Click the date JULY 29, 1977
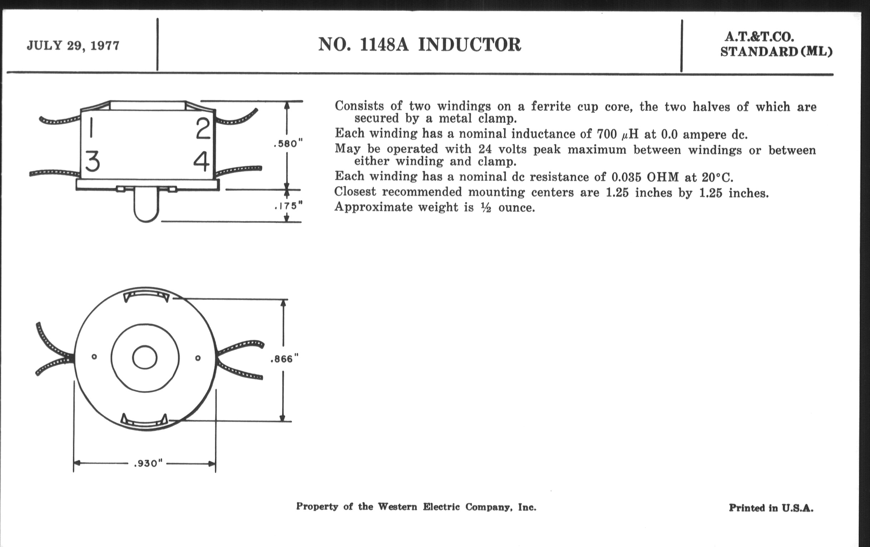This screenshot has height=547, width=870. click(x=73, y=46)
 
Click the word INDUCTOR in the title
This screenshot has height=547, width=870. click(x=469, y=45)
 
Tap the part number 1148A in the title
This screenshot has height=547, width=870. click(x=384, y=45)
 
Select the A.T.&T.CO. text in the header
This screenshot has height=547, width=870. click(x=759, y=37)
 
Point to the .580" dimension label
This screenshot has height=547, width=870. click(x=288, y=144)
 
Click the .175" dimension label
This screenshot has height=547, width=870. click(x=288, y=206)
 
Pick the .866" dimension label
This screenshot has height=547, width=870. click(x=284, y=359)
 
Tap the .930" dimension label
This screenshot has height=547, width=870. click(x=148, y=463)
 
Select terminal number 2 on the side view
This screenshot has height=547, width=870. click(x=203, y=129)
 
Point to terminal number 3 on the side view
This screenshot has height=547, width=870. click(x=93, y=161)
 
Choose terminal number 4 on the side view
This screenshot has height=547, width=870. click(x=201, y=161)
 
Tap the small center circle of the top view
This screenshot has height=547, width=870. click(x=145, y=358)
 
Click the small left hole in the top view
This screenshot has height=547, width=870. click(x=94, y=357)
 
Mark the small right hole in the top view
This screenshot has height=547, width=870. click(x=197, y=358)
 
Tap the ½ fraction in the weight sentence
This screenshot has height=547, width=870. click(x=486, y=208)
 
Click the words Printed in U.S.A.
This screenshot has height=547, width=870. click(x=771, y=508)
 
